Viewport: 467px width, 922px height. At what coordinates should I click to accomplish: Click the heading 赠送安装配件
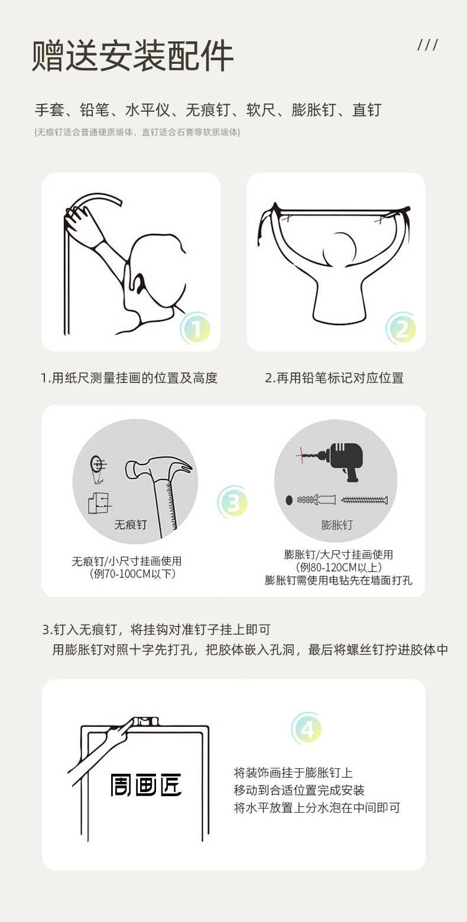[x=132, y=56]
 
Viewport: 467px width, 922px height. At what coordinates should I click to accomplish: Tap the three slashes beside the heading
[x=427, y=45]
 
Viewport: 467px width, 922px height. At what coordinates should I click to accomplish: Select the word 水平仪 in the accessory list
[x=147, y=110]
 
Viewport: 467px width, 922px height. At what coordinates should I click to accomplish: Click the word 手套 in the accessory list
[x=50, y=110]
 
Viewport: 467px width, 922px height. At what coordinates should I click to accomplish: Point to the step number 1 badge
[x=196, y=329]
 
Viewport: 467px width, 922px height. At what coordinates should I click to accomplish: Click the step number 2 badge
[x=401, y=329]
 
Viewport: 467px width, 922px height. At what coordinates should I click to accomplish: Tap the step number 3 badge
[x=233, y=502]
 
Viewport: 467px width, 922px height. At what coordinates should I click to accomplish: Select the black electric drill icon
[x=341, y=460]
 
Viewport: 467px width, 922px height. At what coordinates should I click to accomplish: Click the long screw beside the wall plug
[x=365, y=500]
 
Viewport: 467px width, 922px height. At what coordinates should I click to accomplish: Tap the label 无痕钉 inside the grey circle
[x=131, y=524]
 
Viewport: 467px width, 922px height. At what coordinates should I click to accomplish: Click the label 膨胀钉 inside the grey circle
[x=337, y=525]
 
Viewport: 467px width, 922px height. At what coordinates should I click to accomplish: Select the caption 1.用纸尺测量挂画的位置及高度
[x=129, y=378]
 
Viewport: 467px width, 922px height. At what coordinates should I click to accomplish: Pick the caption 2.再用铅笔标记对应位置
[x=335, y=378]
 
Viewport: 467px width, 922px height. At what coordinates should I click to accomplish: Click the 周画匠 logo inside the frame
[x=146, y=785]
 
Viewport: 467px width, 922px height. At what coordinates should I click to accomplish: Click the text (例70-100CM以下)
[x=132, y=573]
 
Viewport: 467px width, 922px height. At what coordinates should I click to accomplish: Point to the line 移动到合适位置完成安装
[x=299, y=790]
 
